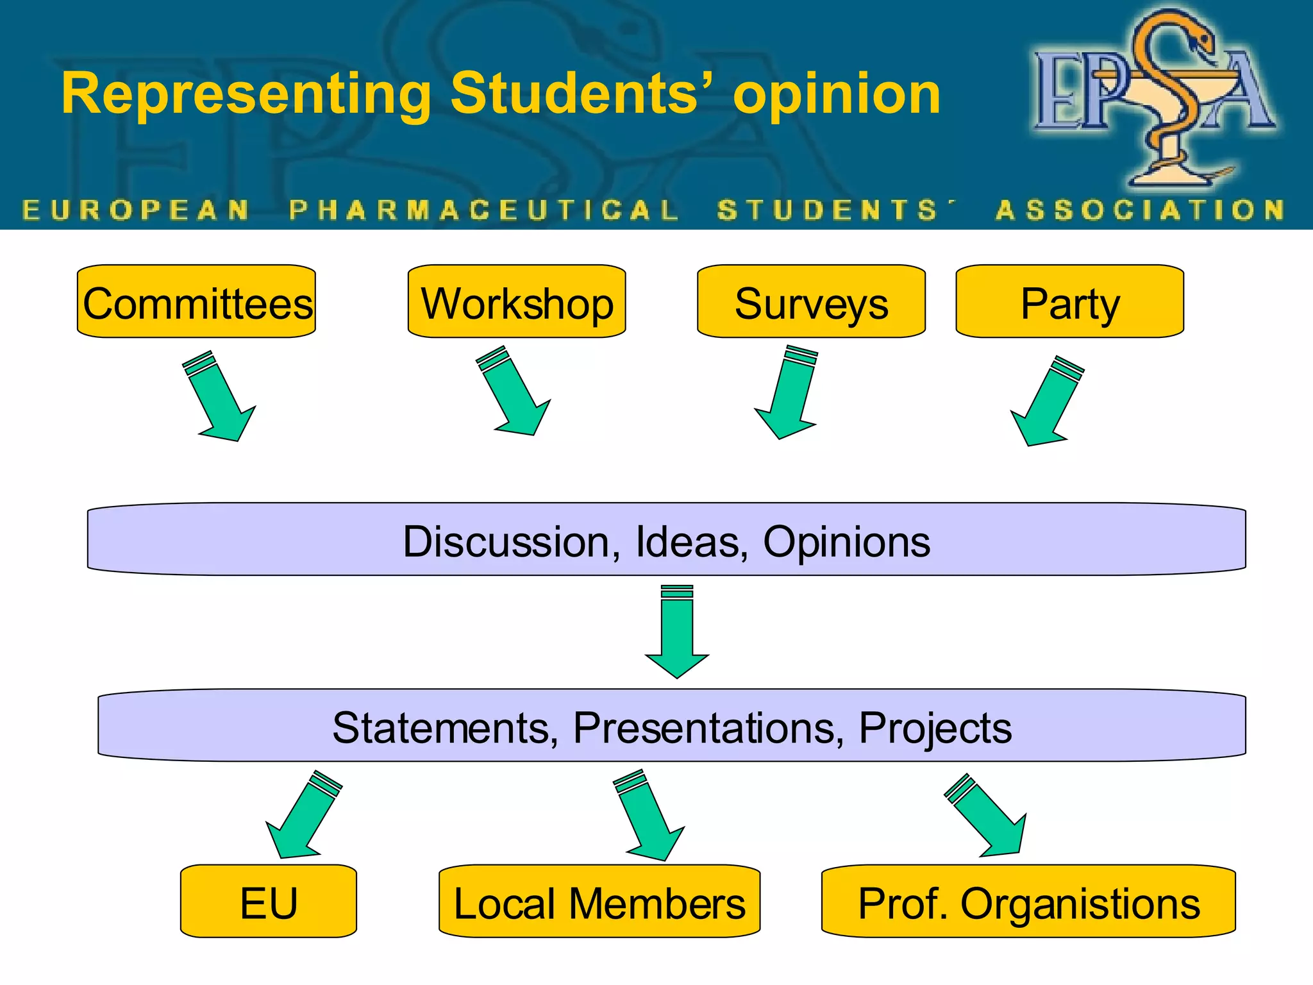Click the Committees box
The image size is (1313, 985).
pos(196,301)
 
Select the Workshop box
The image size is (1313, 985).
pos(517,301)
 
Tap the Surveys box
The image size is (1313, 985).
pos(811,301)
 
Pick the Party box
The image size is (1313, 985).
pos(1069,301)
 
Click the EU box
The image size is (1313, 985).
pos(269,901)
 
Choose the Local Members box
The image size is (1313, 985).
pos(599,901)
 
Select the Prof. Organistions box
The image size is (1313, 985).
pos(1028,901)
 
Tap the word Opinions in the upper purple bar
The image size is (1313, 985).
pos(846,542)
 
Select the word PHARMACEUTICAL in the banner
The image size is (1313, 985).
pos(484,210)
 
